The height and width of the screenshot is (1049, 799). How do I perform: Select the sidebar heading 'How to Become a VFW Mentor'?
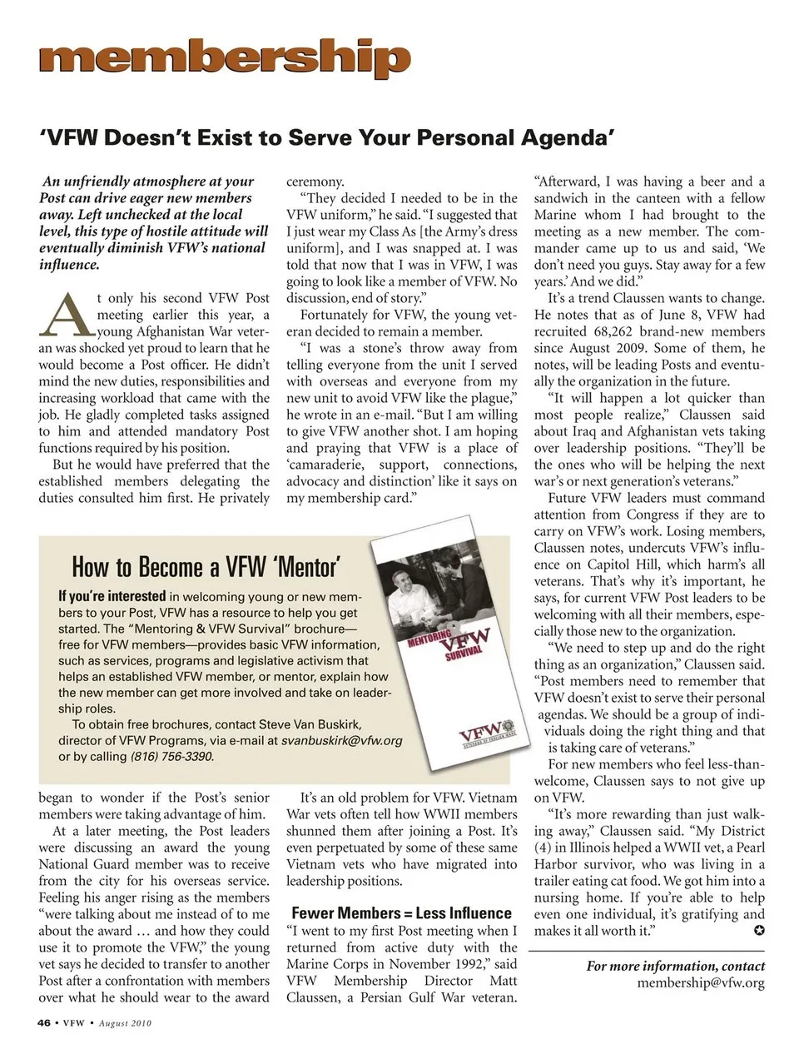(x=205, y=568)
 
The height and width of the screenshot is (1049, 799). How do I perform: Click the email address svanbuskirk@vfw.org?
(x=341, y=740)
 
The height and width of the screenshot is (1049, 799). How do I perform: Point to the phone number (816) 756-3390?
(x=171, y=757)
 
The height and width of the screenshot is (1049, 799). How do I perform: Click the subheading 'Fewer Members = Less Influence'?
(x=401, y=913)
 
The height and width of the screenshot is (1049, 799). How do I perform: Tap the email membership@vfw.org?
(x=701, y=983)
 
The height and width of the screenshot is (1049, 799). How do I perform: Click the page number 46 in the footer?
(x=44, y=1023)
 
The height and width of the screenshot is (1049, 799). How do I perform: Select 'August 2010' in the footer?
(x=125, y=1023)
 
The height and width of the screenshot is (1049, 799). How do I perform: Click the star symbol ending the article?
(x=758, y=931)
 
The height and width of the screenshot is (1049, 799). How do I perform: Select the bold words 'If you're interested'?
(x=112, y=596)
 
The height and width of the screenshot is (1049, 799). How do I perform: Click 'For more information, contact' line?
(x=675, y=967)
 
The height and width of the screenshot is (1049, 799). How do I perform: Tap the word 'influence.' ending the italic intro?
(x=69, y=265)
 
